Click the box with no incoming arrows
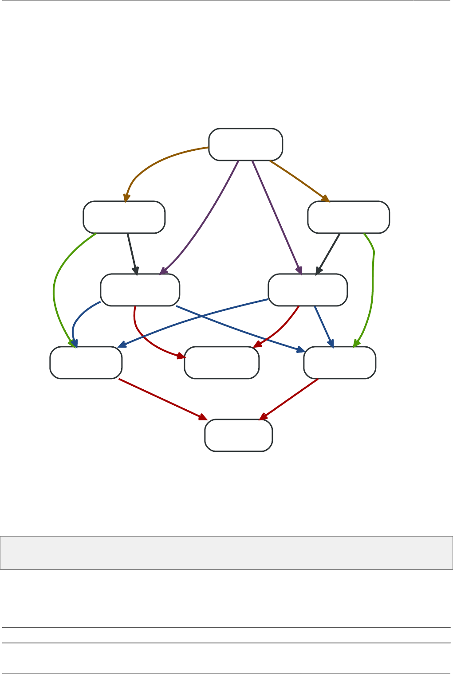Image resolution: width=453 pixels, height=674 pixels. pyautogui.click(x=245, y=145)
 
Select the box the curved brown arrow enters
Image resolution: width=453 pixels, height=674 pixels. pyautogui.click(x=124, y=217)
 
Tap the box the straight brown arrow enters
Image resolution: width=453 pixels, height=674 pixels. pyautogui.click(x=348, y=217)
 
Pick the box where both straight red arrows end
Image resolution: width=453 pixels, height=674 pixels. pyautogui.click(x=238, y=435)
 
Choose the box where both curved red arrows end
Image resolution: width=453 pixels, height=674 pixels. pyautogui.click(x=221, y=362)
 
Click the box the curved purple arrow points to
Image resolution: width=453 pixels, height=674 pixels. pyautogui.click(x=140, y=290)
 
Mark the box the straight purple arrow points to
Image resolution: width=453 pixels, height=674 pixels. pyautogui.click(x=307, y=290)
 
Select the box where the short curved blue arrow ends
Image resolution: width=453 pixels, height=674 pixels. pyautogui.click(x=86, y=362)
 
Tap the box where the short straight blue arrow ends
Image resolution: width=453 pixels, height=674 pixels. pyautogui.click(x=339, y=362)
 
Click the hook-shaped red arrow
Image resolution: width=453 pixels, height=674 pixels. pyautogui.click(x=140, y=333)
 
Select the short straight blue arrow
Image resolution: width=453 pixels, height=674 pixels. pyautogui.click(x=323, y=325)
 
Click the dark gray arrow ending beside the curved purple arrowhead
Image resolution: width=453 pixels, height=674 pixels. pyautogui.click(x=132, y=253)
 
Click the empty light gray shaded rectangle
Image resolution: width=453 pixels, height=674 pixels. pyautogui.click(x=226, y=553)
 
